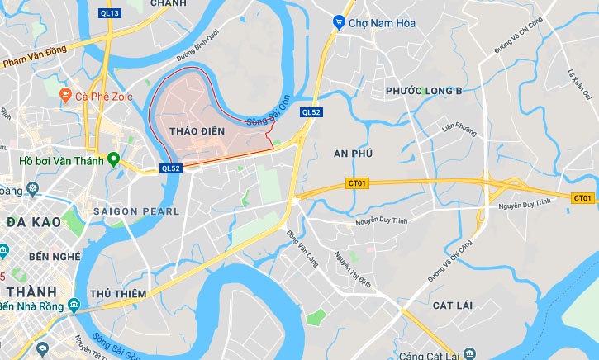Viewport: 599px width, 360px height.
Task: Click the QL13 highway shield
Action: coord(108,13)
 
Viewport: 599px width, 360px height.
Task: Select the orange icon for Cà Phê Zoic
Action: coord(65,96)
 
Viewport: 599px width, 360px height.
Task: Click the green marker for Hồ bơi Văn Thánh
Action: coord(112,159)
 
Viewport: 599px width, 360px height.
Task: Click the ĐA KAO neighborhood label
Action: coord(31,222)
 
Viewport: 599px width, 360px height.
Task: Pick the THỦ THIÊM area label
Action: coord(118,294)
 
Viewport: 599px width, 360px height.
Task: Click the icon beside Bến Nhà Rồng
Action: coord(74,306)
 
